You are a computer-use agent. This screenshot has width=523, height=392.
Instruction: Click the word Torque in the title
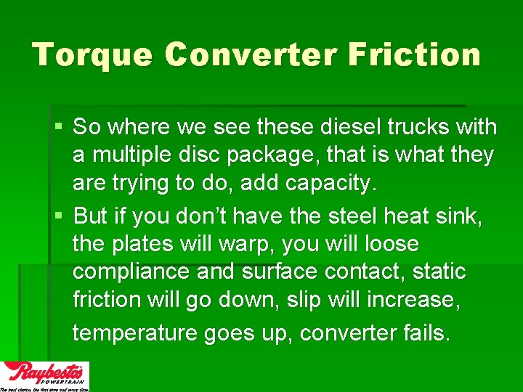92,55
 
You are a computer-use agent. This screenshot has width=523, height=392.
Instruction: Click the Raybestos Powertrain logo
44,376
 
